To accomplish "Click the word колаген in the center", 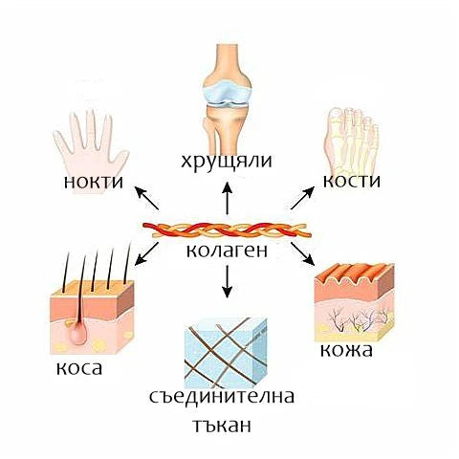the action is coord(227,251).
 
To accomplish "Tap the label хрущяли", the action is coord(227,162).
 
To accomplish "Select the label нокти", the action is coord(94,182).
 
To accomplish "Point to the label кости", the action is coord(352,181).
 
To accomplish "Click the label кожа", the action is coord(346,350).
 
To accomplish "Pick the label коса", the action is coord(79,368).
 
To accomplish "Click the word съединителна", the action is coord(222,397).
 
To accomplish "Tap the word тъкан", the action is coord(222,426).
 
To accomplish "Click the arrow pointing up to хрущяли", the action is coord(227,198).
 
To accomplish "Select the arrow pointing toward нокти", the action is coord(147,198).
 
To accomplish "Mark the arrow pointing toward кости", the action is coord(302,198).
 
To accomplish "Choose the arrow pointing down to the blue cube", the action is coord(227,281).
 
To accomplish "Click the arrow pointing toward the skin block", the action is coord(302,254).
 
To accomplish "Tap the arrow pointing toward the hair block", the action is coord(146,254).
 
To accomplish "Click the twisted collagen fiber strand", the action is coord(227,230).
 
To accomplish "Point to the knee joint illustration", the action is coord(227,98).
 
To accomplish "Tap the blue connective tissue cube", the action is coord(226,353).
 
